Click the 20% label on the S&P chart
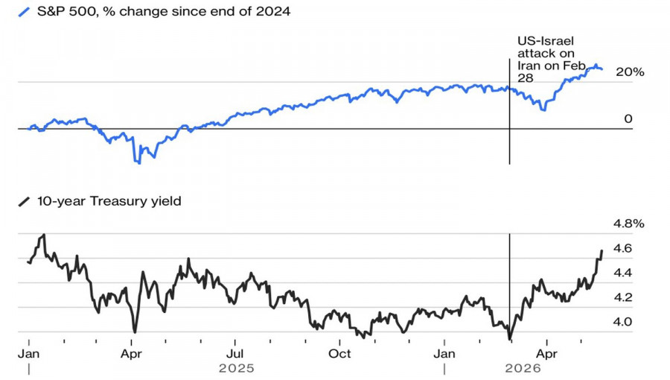[629, 72]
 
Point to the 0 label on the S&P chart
[628, 118]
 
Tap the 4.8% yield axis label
[628, 224]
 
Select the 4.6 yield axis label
[622, 248]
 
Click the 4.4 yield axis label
[622, 273]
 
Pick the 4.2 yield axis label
[622, 297]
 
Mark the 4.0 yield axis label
[622, 322]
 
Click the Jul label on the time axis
[234, 354]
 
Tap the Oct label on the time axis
[339, 354]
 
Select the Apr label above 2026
[546, 354]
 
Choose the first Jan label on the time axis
[28, 354]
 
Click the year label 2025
[236, 368]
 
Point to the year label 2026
[523, 368]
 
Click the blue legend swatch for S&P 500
[24, 11]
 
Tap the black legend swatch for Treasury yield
[24, 201]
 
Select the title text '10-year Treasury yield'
[109, 201]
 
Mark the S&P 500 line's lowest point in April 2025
[139, 163]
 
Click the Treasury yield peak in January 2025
[44, 235]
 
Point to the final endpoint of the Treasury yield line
[602, 250]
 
